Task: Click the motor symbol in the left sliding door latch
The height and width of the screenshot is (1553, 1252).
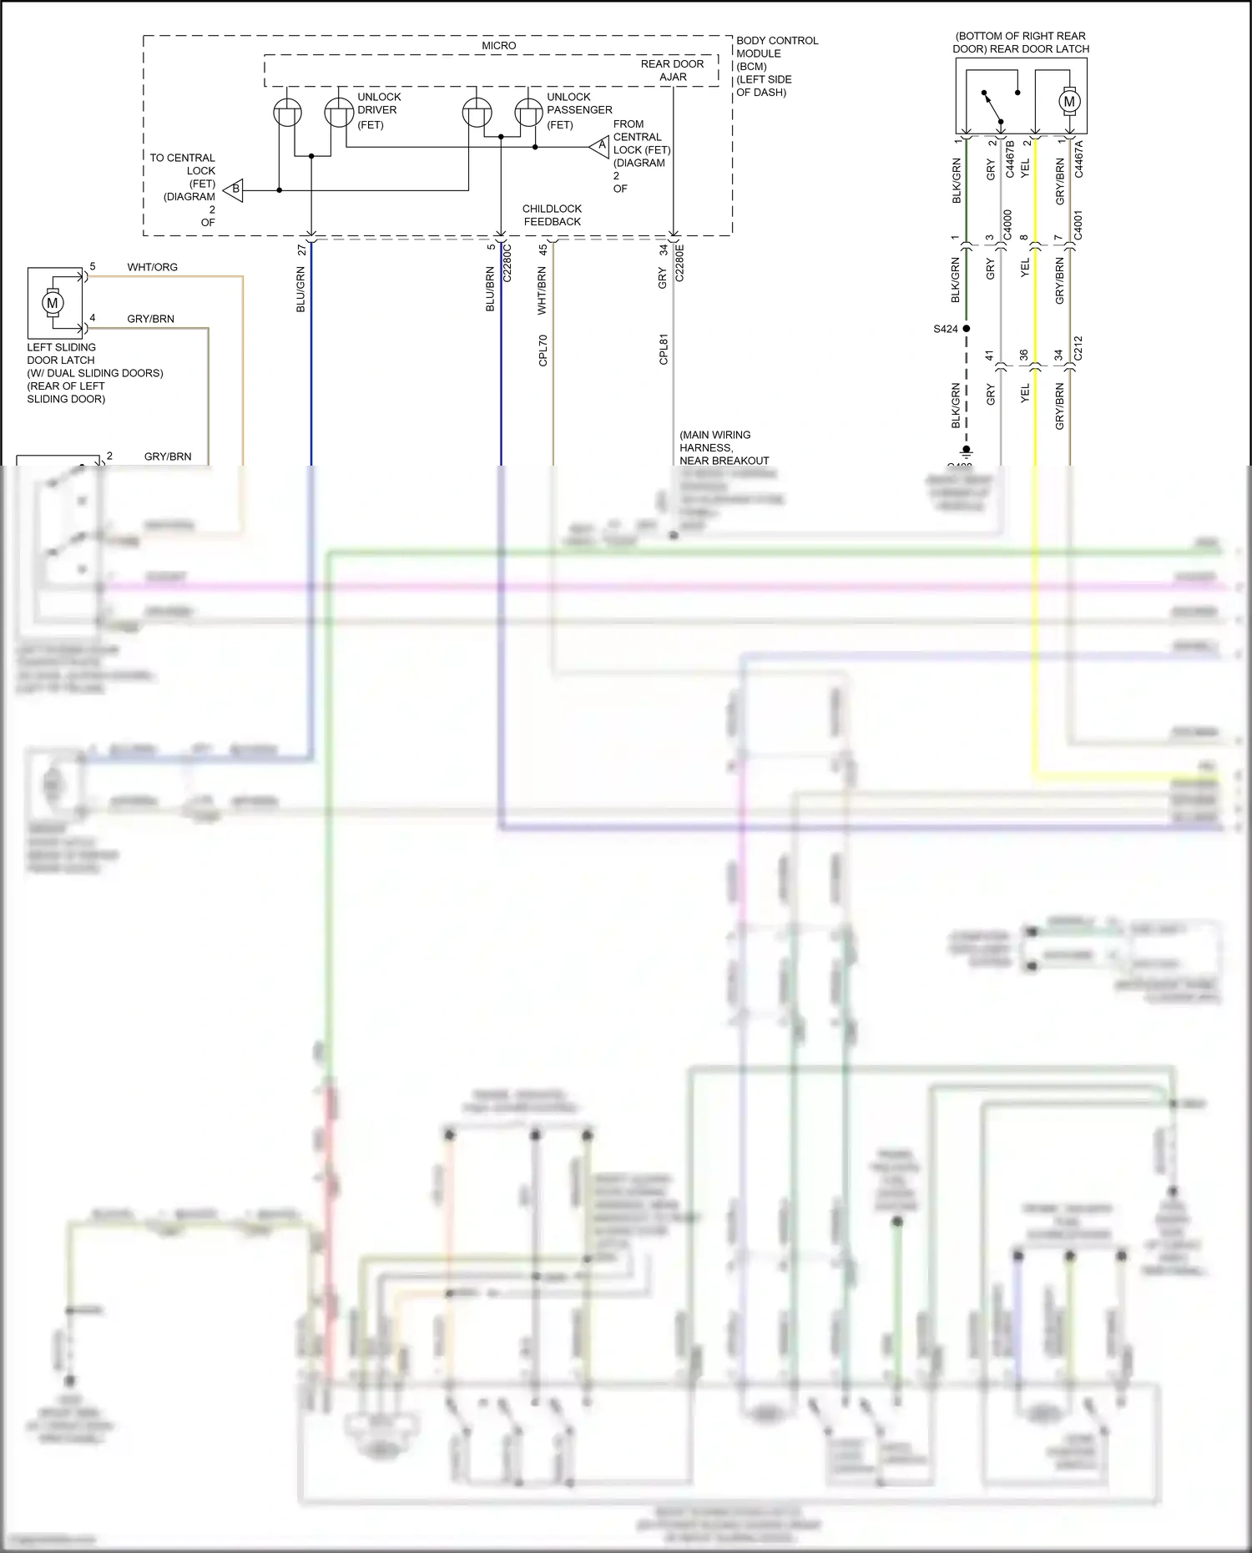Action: (x=53, y=303)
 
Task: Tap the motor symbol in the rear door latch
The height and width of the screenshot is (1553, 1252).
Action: (x=1069, y=102)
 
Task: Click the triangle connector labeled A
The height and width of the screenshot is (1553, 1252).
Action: (x=600, y=147)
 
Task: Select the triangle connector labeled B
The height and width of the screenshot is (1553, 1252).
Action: (x=235, y=189)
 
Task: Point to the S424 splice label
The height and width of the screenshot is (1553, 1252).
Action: (x=945, y=329)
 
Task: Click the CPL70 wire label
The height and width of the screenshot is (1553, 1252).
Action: (x=543, y=350)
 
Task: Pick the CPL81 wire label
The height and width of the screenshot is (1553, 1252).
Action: (x=664, y=350)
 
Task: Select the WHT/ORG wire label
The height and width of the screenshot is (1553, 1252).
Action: (x=152, y=267)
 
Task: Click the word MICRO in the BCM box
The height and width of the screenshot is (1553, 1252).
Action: (x=498, y=46)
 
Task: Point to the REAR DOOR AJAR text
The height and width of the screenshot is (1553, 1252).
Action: (x=672, y=70)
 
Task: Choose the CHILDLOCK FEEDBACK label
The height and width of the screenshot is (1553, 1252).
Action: (x=552, y=215)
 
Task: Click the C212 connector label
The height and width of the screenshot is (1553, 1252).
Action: (x=1078, y=349)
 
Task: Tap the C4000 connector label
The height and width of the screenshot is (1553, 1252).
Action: (x=1007, y=225)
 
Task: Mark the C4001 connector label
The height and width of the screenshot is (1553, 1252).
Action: (x=1078, y=225)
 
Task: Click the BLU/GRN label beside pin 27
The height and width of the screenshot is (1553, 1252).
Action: (x=300, y=290)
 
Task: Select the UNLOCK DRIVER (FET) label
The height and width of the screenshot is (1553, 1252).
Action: (x=378, y=110)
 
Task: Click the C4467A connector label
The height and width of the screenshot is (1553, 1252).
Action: (x=1078, y=159)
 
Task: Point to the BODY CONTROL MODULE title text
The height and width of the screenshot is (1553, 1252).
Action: (x=776, y=47)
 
